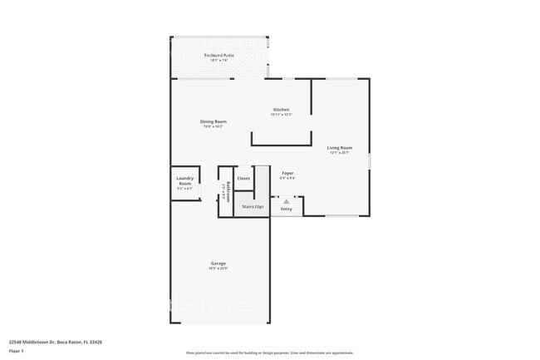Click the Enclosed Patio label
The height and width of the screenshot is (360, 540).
point(219,55)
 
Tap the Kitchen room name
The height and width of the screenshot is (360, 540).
point(282,110)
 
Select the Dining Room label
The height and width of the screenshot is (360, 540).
point(213,121)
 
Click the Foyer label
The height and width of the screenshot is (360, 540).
point(287,172)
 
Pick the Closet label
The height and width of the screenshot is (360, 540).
point(243,178)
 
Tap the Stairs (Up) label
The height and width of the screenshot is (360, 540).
point(253,206)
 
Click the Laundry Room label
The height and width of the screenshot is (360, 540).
point(185,180)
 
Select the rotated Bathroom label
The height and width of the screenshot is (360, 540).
point(227,191)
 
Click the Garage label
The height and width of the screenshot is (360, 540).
point(218,264)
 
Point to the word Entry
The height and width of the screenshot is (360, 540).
point(287,209)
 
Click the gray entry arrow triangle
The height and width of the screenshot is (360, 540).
point(287,201)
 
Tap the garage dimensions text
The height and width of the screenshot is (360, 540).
point(218,269)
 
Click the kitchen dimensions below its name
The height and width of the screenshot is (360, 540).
point(282,115)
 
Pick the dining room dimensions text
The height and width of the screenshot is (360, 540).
point(213,126)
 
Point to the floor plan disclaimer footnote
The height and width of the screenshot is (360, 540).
point(269,353)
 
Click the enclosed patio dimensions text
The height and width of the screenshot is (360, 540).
point(219,60)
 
